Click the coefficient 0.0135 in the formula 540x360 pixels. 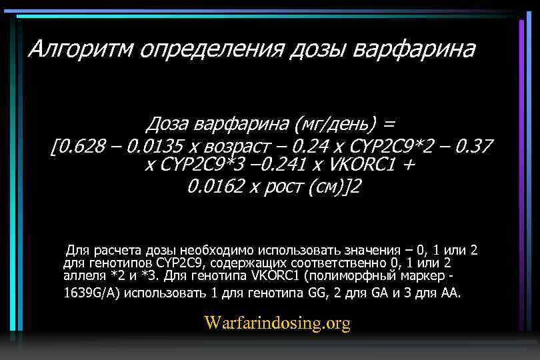(x=154, y=145)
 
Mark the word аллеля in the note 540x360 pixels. (x=84, y=275)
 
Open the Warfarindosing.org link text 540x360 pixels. (x=277, y=323)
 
